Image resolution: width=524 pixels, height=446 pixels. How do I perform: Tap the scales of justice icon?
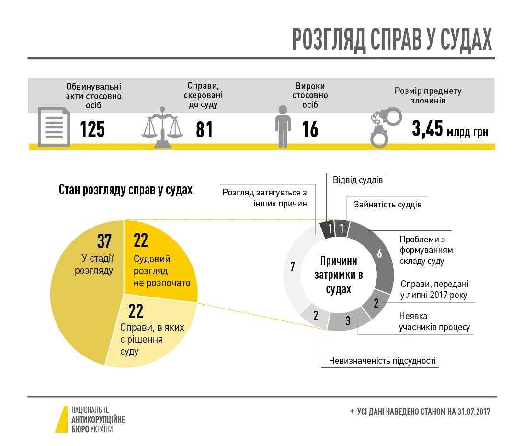(163, 126)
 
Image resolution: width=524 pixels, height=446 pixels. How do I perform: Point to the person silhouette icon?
(283, 126)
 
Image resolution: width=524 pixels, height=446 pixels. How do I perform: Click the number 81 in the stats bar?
(205, 129)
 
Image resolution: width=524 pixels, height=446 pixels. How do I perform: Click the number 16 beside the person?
(310, 129)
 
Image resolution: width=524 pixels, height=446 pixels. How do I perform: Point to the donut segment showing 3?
(348, 320)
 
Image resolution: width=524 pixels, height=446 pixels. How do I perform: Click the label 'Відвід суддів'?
(358, 181)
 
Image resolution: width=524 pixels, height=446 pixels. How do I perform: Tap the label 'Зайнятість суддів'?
(387, 205)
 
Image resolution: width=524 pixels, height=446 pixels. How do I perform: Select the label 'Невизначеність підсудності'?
(382, 360)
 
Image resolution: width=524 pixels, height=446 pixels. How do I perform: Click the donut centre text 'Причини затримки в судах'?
(339, 275)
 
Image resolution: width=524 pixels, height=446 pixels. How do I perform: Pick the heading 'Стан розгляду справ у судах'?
(125, 190)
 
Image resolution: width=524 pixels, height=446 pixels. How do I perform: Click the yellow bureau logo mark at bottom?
(62, 420)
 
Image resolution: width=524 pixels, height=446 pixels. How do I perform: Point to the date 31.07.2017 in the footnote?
(474, 412)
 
